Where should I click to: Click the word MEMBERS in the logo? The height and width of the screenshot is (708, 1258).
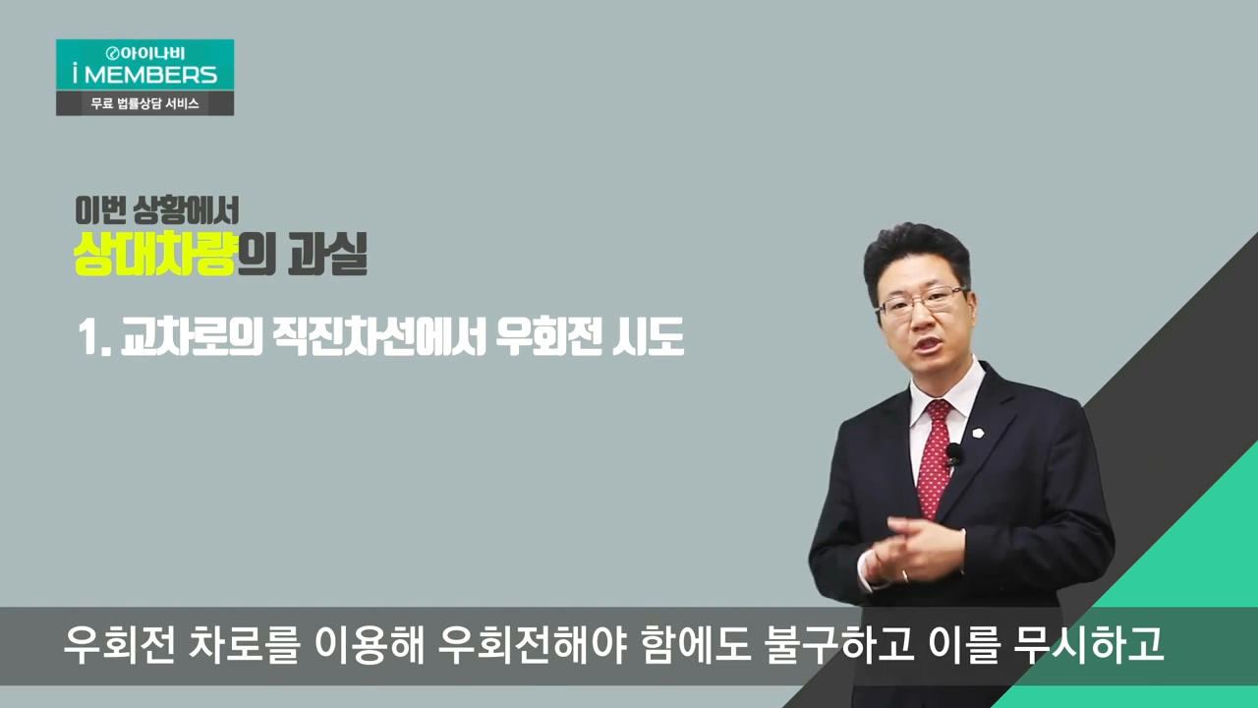tap(150, 75)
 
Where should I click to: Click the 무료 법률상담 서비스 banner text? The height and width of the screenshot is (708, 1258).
tap(144, 103)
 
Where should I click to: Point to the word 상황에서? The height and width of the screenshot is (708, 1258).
tap(186, 210)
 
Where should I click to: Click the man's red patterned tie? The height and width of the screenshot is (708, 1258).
tap(935, 458)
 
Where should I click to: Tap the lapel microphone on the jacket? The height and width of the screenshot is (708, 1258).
tap(954, 453)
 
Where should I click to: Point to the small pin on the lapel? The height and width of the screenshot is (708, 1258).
tap(978, 433)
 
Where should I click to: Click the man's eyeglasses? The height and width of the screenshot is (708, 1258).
tap(922, 300)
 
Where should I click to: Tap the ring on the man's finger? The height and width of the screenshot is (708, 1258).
tap(904, 575)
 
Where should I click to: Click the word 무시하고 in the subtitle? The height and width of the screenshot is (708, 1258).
tap(1088, 646)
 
